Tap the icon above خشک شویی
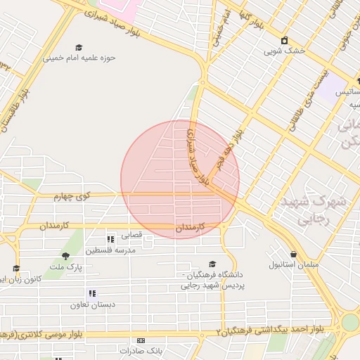click(x=285, y=40)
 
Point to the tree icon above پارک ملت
click(x=65, y=256)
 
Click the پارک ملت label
click(x=70, y=268)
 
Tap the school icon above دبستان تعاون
click(x=92, y=293)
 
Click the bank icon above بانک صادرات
click(x=141, y=340)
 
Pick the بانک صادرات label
click(x=141, y=350)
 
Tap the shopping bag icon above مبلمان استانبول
click(x=293, y=254)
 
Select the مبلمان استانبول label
click(x=294, y=265)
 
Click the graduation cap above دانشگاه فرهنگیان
click(x=212, y=264)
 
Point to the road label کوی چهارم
click(x=73, y=196)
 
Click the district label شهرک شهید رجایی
click(x=314, y=210)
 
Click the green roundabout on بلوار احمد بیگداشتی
click(x=349, y=322)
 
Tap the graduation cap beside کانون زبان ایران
click(x=15, y=268)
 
